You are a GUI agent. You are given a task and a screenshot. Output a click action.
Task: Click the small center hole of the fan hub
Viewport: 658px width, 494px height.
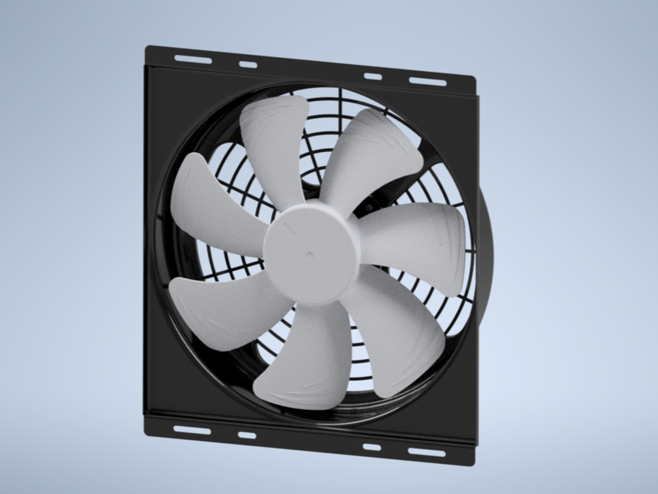coord(309,255)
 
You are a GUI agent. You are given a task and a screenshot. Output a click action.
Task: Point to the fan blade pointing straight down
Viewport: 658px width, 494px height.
coord(305,363)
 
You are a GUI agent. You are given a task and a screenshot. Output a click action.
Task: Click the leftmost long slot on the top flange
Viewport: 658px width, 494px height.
coord(193,59)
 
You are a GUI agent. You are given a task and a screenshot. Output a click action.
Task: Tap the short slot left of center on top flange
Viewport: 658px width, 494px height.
coord(248,64)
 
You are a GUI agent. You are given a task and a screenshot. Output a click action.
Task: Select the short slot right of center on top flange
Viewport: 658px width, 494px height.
coord(373,76)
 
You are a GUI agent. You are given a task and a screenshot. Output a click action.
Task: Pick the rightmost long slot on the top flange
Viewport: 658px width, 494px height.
coord(427,81)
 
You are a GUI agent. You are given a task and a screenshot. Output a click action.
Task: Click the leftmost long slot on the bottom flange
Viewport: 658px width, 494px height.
coord(192,429)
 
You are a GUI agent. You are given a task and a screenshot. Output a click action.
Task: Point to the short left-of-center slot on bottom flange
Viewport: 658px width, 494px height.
coord(247,435)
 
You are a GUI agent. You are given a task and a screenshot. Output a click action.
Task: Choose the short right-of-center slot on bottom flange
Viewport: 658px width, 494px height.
coord(372,447)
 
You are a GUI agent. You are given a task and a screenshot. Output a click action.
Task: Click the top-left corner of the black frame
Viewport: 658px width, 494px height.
coord(148,48)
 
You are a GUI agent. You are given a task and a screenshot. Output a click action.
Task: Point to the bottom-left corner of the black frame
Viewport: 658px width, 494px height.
coord(147,431)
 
